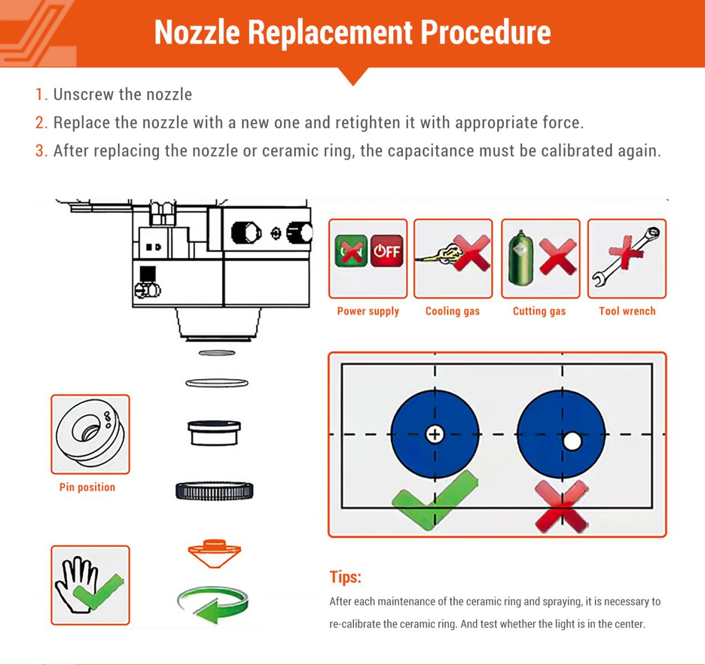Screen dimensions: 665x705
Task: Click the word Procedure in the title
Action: tap(486, 32)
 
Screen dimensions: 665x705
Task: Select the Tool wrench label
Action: tap(627, 311)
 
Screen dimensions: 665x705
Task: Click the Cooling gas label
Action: tap(452, 311)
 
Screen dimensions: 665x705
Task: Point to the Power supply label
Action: tap(368, 311)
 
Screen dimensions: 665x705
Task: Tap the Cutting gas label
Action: tap(539, 311)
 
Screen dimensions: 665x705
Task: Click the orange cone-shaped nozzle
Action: tap(214, 552)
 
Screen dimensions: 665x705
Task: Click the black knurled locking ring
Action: tap(214, 491)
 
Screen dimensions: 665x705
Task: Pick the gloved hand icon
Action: tap(90, 584)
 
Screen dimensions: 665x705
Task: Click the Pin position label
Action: tap(87, 487)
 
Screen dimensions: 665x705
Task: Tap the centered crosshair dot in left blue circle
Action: tap(434, 434)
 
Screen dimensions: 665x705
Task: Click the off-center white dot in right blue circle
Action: tap(572, 442)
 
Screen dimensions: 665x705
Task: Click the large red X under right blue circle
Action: tap(561, 506)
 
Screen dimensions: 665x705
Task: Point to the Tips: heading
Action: tap(345, 577)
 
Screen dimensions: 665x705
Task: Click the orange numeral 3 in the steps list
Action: tap(41, 151)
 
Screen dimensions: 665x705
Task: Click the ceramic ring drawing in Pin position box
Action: tap(90, 434)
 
